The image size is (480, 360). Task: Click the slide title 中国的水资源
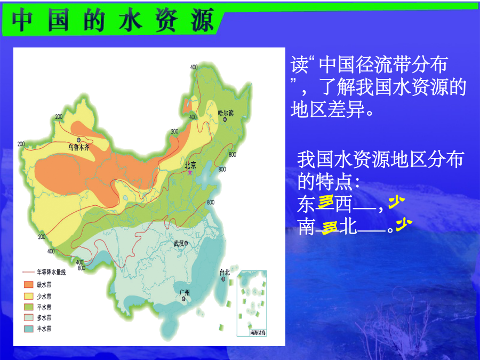113,20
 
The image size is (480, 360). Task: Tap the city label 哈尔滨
226,113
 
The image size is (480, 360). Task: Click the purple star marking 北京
190,172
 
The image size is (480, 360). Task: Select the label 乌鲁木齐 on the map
79,148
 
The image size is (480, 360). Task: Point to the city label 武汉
179,244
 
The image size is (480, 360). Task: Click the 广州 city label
185,293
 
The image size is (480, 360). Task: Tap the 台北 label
225,272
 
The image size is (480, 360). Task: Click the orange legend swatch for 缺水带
28,285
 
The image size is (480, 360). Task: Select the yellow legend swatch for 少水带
28,296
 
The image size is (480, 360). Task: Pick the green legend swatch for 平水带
28,307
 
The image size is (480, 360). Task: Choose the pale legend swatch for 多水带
28,317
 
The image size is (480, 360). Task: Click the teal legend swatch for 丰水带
28,329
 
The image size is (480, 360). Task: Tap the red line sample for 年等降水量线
28,272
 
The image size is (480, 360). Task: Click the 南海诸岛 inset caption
258,332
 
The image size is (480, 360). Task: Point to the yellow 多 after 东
326,203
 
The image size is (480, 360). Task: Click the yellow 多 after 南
330,228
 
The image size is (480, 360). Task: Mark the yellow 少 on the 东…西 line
396,202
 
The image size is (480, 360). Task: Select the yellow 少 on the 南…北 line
404,225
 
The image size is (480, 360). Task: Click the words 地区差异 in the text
327,109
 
